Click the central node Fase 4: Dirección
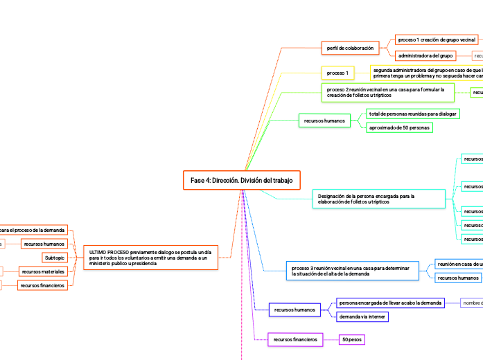pos(241,181)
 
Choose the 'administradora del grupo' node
pos(425,55)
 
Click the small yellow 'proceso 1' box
pos(337,73)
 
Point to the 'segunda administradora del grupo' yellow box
pos(426,73)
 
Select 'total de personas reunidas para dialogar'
pos(412,113)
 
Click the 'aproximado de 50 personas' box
pos(399,128)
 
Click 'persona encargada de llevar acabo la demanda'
pos(389,303)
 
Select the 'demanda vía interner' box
pos(362,316)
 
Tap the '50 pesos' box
pos(352,340)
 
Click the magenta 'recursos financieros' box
pos(295,340)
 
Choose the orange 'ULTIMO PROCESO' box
pos(151,257)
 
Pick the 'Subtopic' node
pos(55,258)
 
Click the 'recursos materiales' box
pos(43,271)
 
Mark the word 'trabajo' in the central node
pos(281,181)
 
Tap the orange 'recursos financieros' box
pos(42,285)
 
